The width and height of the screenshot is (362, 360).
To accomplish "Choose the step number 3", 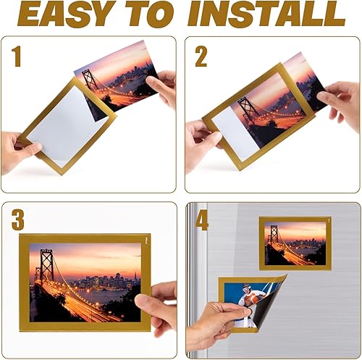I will click(17, 219).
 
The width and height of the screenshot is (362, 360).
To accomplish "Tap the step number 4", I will click(202, 219).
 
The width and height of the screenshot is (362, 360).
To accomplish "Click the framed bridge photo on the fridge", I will click(295, 241).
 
